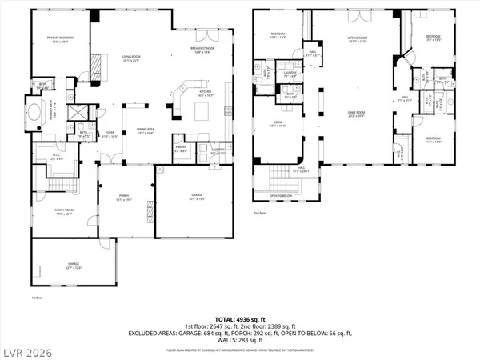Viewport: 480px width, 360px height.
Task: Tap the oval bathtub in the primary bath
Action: pyautogui.click(x=36, y=114)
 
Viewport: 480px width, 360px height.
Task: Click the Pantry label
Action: pyautogui.click(x=181, y=149)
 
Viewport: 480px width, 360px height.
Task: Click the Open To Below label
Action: pyautogui.click(x=281, y=195)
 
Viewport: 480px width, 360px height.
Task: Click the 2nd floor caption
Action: pyautogui.click(x=258, y=213)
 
